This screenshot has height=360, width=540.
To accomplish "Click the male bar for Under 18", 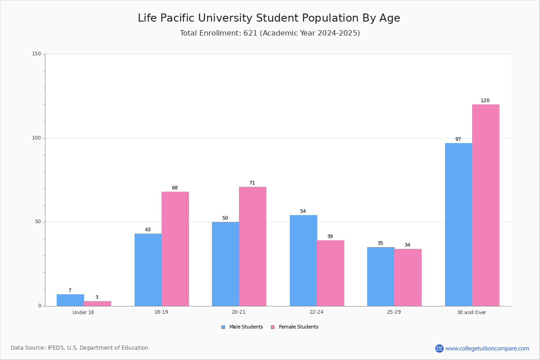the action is coord(70,300).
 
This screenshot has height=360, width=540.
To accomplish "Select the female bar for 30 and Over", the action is coord(486,205).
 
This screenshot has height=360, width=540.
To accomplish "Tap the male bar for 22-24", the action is coord(303,261).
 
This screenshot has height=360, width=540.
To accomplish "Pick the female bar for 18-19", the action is coord(175,249).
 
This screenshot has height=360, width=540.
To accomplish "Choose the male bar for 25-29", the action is coord(381,277).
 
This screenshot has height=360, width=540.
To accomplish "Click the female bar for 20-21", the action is coord(252,247).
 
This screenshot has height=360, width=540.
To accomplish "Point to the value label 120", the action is coord(485,100).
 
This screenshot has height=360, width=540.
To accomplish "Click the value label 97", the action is coord(458,139).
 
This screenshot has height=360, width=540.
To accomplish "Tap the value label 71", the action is coord(252,183).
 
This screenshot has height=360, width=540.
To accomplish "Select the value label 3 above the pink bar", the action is coord(97,297).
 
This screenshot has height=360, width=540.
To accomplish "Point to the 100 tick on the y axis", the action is coord(36,138).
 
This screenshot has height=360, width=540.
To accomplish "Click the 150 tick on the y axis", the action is coord(36,54).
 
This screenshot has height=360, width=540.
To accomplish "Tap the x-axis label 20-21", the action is coord(238,312).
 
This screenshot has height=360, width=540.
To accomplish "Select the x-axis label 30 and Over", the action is coord(472,312).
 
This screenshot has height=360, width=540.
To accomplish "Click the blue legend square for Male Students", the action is coord(223,327).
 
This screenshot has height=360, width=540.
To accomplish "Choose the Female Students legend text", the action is coord(298,327).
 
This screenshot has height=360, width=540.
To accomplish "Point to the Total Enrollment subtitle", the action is coord(270,33).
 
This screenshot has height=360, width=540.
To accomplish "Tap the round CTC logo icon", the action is coord(439,348).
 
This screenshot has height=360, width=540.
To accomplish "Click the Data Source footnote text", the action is coord(80,348).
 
